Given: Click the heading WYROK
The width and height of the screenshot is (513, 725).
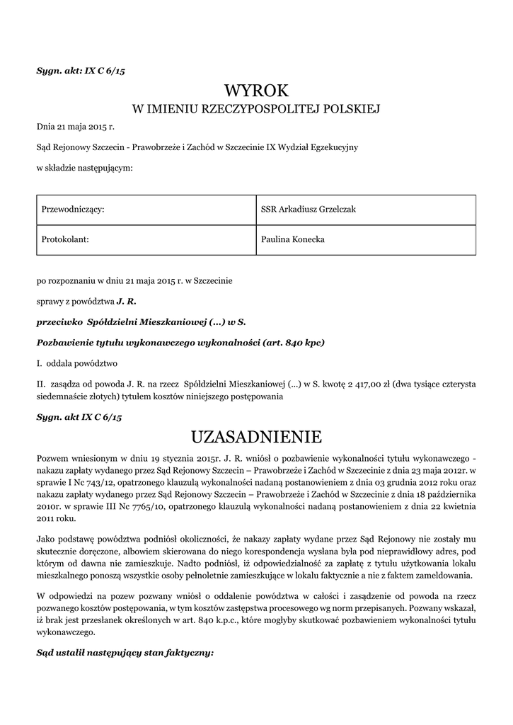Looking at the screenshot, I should coord(256,90).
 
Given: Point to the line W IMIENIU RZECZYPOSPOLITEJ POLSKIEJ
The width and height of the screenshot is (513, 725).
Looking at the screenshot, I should coord(256,109).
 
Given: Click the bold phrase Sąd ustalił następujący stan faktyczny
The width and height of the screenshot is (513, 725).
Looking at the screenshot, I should coord(125,651).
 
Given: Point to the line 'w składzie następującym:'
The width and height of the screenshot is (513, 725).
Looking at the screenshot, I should coord(84,168).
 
